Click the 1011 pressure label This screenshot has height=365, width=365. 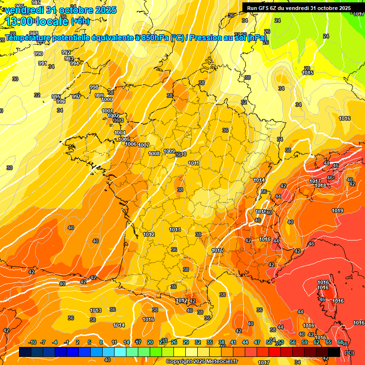(x=193, y=163)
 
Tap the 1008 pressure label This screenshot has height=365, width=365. (x=154, y=154)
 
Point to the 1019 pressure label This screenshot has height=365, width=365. (x=337, y=211)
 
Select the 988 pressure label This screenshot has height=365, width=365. (x=34, y=47)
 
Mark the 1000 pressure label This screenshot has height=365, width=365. (x=107, y=99)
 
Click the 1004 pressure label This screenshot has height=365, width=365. (x=120, y=133)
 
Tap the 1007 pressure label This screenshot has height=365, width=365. (x=144, y=145)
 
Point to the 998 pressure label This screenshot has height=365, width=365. (x=94, y=87)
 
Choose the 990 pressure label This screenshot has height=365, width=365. (x=38, y=54)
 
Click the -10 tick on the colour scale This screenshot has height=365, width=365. (x=32, y=342)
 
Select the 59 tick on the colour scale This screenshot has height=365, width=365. (x=305, y=342)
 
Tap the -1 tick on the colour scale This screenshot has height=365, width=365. (x=67, y=342)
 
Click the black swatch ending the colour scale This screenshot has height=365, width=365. (x=334, y=352)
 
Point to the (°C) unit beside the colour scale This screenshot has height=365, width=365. (x=349, y=352)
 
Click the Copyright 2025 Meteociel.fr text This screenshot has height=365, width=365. (x=202, y=361)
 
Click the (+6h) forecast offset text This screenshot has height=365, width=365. (x=80, y=21)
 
